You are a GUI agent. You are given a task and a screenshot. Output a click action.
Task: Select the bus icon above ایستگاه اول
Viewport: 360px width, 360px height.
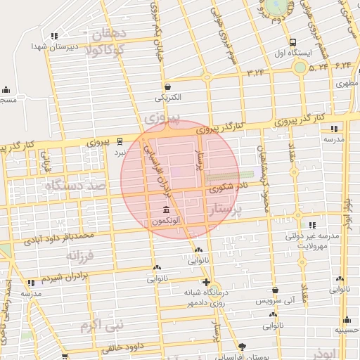click(292, 41)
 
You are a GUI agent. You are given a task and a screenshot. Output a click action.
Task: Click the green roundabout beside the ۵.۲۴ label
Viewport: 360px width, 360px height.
click(300, 67)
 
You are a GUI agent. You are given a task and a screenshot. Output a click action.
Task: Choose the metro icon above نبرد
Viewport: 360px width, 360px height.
click(120, 140)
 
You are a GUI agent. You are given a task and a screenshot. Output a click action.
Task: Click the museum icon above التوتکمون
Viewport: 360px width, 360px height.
click(166, 210)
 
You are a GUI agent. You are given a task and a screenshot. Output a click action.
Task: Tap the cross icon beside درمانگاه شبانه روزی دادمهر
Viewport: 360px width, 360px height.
click(224, 282)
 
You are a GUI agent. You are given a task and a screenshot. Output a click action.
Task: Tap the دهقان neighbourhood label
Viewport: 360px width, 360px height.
click(109, 34)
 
